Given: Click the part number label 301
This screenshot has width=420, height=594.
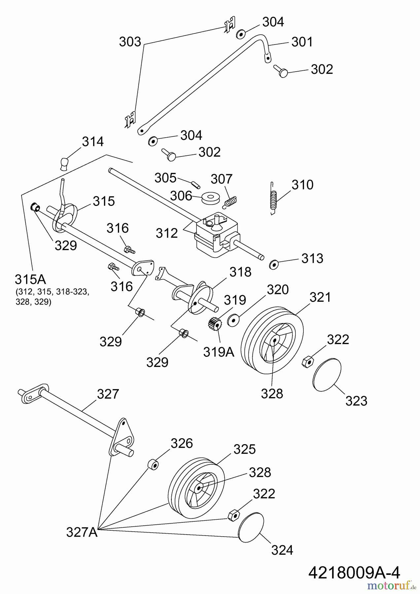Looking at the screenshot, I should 302,42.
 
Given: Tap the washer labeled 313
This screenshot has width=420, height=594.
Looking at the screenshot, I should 274,264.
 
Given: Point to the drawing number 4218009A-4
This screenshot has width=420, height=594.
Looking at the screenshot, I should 354,573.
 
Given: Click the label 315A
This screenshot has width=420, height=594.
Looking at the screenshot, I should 30,280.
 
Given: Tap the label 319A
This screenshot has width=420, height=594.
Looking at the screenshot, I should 219,352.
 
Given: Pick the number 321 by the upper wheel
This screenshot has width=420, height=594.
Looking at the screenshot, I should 320,297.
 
